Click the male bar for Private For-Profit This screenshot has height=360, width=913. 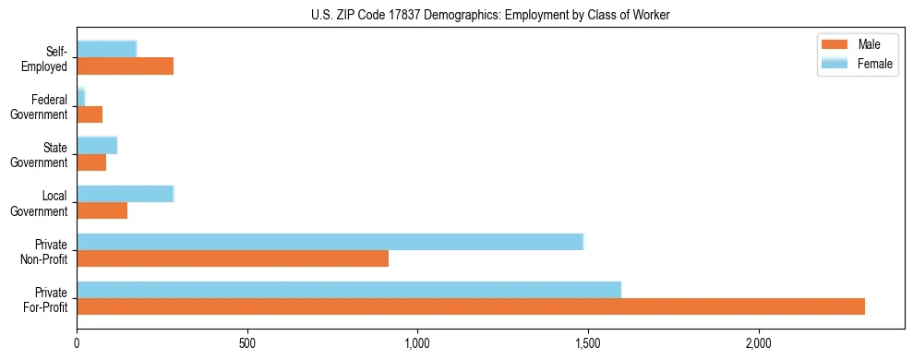point(471,306)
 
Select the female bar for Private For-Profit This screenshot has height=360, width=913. point(349,290)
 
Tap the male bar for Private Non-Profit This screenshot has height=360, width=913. point(233,258)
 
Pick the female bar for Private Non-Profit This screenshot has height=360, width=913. point(330,242)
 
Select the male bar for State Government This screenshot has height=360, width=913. point(91,162)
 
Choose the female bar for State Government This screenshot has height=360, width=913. point(97,146)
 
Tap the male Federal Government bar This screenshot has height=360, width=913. point(90,114)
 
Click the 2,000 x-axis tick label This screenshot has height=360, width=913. point(758,343)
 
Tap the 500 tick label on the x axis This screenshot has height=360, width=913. point(247,343)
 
